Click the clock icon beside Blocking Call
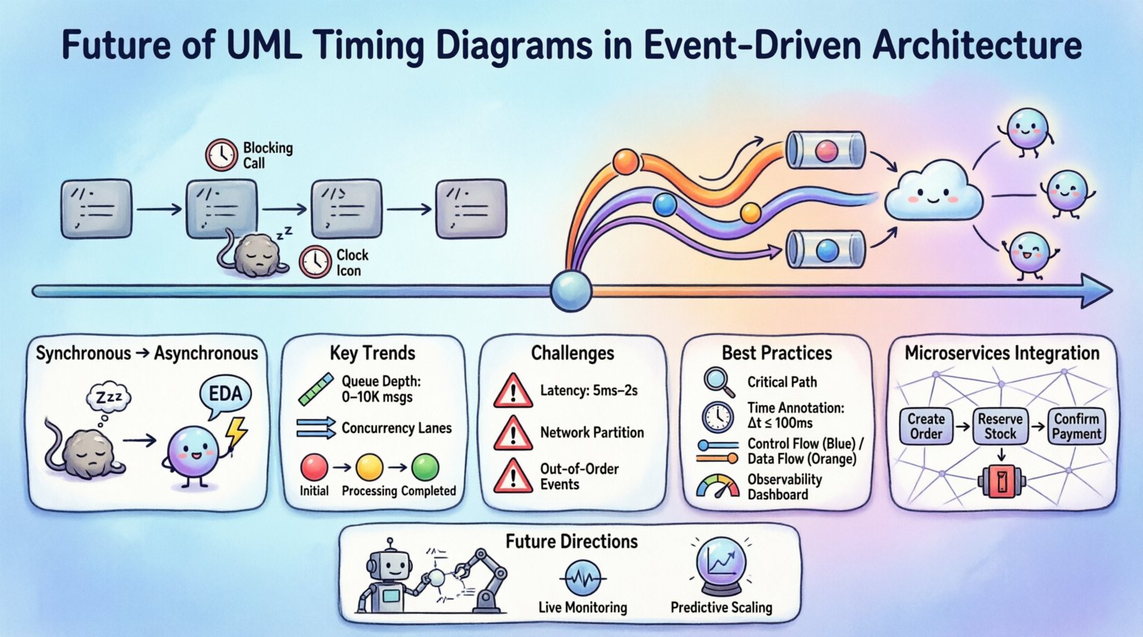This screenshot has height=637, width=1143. pos(222,154)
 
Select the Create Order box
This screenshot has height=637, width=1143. pos(925,426)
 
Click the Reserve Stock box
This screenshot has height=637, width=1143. pos(1000,426)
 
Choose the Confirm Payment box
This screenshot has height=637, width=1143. pos(1076,426)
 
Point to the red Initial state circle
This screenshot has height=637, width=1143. pos(315,467)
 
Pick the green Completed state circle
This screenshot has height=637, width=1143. pos(425,467)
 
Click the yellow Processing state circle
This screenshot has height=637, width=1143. pos(370,468)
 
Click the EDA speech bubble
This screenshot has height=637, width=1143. pos(225,395)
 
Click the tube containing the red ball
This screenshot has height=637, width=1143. pos(825,150)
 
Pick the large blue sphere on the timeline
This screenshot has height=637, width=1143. pos(571,291)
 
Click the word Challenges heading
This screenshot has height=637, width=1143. pos(572,353)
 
